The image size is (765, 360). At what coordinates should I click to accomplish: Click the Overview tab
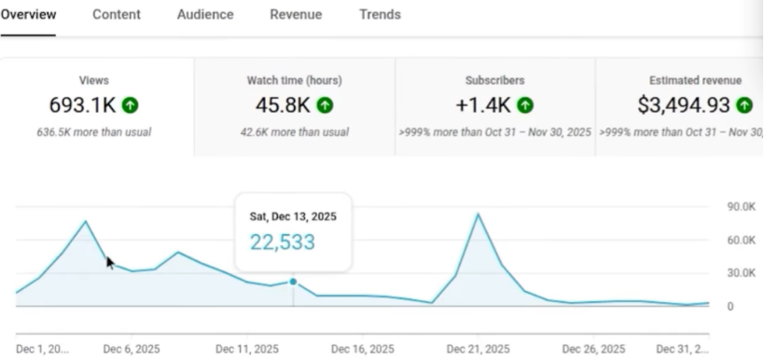[x=28, y=15]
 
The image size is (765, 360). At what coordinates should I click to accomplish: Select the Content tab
[x=117, y=15]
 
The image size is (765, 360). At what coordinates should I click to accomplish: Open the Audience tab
[x=205, y=15]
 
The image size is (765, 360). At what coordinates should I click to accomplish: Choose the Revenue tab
[x=296, y=15]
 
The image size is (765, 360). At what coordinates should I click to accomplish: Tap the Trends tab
[x=380, y=15]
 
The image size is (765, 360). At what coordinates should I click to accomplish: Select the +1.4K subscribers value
[x=483, y=105]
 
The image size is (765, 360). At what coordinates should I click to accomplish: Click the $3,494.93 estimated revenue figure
[x=685, y=105]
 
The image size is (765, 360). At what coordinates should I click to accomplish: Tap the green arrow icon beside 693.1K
[x=131, y=105]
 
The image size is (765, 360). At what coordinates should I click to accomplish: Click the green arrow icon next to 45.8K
[x=325, y=105]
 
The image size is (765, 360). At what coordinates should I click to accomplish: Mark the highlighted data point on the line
[x=293, y=282]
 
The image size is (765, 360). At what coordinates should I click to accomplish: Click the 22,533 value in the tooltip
[x=282, y=242]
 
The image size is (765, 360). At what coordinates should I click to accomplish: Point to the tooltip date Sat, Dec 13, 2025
[x=293, y=216]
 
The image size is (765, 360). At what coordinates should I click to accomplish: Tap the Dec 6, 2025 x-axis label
[x=131, y=350]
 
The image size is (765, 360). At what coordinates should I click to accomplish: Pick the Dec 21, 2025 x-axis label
[x=477, y=350]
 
